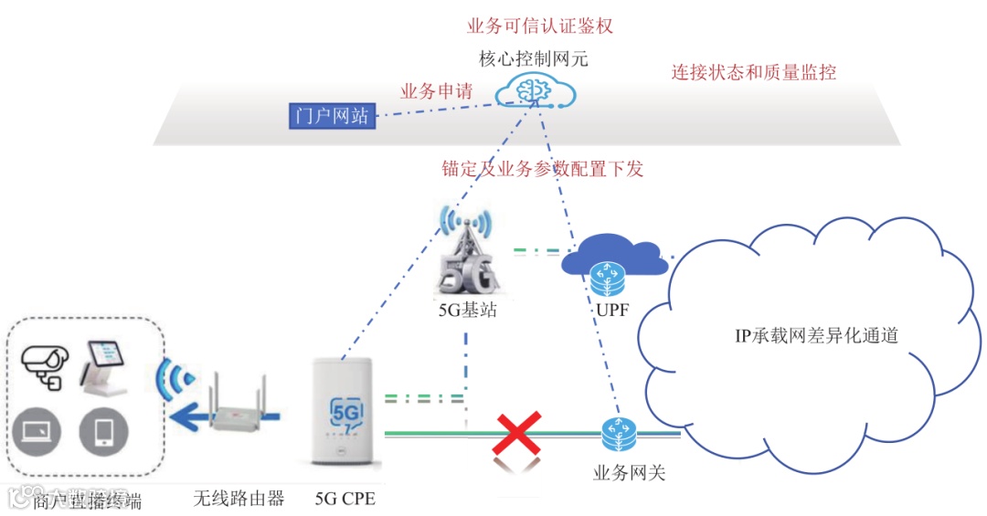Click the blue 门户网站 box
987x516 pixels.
333,116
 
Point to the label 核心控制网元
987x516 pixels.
534,59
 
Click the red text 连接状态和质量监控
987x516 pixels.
754,72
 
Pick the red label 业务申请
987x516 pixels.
436,91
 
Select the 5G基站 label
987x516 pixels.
467,310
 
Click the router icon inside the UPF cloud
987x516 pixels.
603,274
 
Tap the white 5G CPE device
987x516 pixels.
344,420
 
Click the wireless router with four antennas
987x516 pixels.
238,411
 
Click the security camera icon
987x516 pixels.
42,363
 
